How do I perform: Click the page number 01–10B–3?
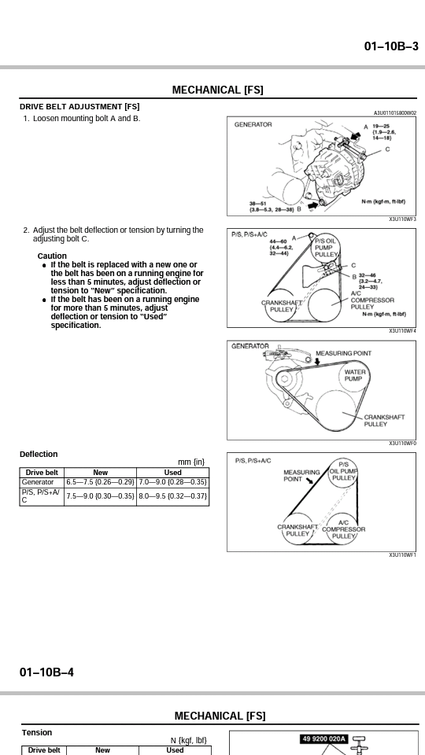[391, 46]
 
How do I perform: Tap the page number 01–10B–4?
[46, 672]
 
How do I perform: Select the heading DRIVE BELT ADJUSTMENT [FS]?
[79, 107]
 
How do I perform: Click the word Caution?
[52, 256]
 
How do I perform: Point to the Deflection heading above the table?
[39, 454]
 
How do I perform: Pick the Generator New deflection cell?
[100, 482]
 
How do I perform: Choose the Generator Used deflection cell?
[172, 482]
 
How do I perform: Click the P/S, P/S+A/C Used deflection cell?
[172, 496]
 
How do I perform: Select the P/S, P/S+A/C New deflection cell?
[100, 496]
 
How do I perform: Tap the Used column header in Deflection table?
[172, 473]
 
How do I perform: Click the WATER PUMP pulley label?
[355, 375]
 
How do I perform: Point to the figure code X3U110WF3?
[403, 219]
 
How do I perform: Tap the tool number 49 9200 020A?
[323, 738]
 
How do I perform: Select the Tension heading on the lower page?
[37, 732]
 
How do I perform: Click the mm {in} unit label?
[191, 462]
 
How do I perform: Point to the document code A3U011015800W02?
[395, 113]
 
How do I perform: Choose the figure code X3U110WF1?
[403, 555]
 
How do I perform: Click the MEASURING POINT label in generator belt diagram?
[344, 353]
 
